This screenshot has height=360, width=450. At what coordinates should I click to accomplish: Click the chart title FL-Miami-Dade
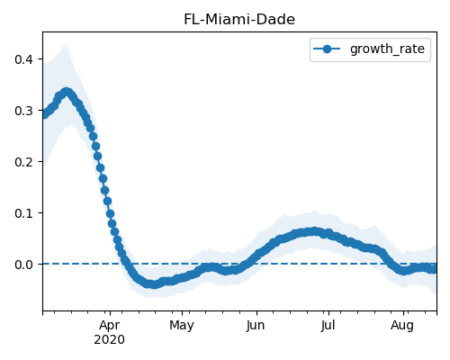coord(239,20)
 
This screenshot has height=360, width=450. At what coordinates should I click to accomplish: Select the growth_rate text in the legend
coord(387,49)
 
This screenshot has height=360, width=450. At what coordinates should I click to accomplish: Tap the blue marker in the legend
coord(327,49)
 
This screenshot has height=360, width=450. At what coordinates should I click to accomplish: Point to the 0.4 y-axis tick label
coord(23,59)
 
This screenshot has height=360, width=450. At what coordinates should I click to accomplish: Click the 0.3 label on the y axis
coord(23,111)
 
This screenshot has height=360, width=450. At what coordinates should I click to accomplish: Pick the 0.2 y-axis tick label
coord(23,162)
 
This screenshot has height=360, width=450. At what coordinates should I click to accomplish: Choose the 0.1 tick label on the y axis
coord(23,213)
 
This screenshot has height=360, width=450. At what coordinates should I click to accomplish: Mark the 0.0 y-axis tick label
coord(23,265)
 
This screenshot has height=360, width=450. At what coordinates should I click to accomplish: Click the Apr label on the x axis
coord(110,326)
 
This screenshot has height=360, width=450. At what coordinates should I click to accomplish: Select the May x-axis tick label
coord(182,326)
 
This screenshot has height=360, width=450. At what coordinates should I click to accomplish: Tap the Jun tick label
coord(256,326)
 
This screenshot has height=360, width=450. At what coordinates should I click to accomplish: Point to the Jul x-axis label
coord(328,326)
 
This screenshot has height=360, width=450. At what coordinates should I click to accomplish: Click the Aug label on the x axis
coord(402,326)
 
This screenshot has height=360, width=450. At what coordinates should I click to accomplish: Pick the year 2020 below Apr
coord(109,340)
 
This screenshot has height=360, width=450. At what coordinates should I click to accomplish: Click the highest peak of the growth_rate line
coord(67,92)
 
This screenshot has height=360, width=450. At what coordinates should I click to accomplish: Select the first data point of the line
coord(44,114)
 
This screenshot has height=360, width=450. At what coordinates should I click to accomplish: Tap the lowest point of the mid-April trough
coord(153,284)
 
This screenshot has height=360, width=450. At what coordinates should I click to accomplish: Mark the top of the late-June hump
coord(314,231)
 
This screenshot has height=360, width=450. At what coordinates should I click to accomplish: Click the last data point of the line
coord(434,269)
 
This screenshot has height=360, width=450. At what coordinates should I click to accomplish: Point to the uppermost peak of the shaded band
coord(65,45)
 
